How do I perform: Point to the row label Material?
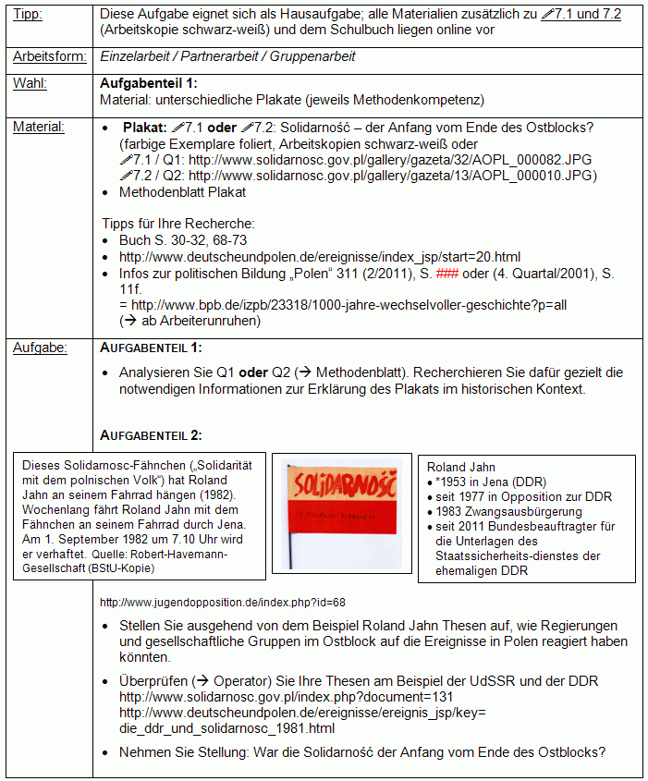coord(39,127)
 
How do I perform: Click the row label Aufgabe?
coord(40,348)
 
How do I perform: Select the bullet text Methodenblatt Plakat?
coord(182,192)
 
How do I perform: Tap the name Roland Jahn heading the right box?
coord(461,467)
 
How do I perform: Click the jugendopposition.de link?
coord(222,602)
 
